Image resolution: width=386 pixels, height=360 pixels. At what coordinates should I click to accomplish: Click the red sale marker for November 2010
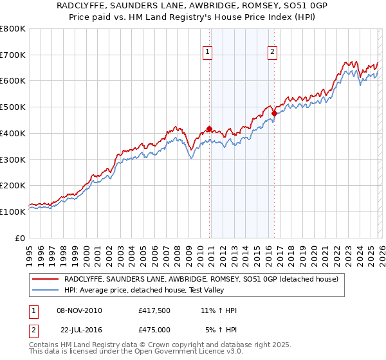tap(209, 129)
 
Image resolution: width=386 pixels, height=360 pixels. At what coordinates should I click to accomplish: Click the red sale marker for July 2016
tap(274, 114)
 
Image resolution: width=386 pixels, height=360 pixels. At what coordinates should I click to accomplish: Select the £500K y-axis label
tap(13, 107)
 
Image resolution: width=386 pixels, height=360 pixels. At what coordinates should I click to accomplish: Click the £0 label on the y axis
tap(21, 238)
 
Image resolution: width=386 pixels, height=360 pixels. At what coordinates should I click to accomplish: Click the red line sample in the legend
tap(45, 279)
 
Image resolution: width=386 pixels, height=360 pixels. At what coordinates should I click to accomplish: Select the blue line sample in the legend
tap(45, 290)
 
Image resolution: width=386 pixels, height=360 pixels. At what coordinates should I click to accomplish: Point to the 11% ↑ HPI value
tap(219, 310)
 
